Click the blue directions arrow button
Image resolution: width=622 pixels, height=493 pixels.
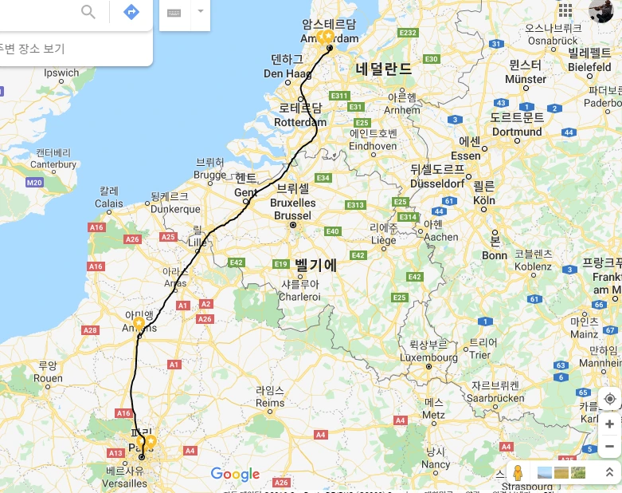[131, 12]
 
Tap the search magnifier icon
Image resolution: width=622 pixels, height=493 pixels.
[88, 12]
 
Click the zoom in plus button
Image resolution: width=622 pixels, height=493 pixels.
[609, 424]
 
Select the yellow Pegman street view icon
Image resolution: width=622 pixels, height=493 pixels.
[518, 472]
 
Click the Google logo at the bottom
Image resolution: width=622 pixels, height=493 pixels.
[236, 475]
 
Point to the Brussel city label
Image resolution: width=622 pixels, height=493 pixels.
[292, 215]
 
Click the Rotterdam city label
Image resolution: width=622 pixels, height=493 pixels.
[299, 123]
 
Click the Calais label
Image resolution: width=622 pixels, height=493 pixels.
[109, 203]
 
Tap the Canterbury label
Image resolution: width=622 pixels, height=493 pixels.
[53, 164]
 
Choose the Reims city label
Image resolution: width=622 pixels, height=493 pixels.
[269, 404]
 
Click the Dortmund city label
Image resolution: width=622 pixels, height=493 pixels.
[516, 132]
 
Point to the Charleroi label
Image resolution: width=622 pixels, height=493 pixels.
[299, 297]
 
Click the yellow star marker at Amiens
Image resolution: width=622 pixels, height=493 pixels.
[139, 323]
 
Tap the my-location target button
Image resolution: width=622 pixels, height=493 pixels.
[609, 399]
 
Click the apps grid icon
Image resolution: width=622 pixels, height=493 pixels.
[565, 10]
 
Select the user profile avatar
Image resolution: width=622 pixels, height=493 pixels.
[600, 10]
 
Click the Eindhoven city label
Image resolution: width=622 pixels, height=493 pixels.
[373, 146]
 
